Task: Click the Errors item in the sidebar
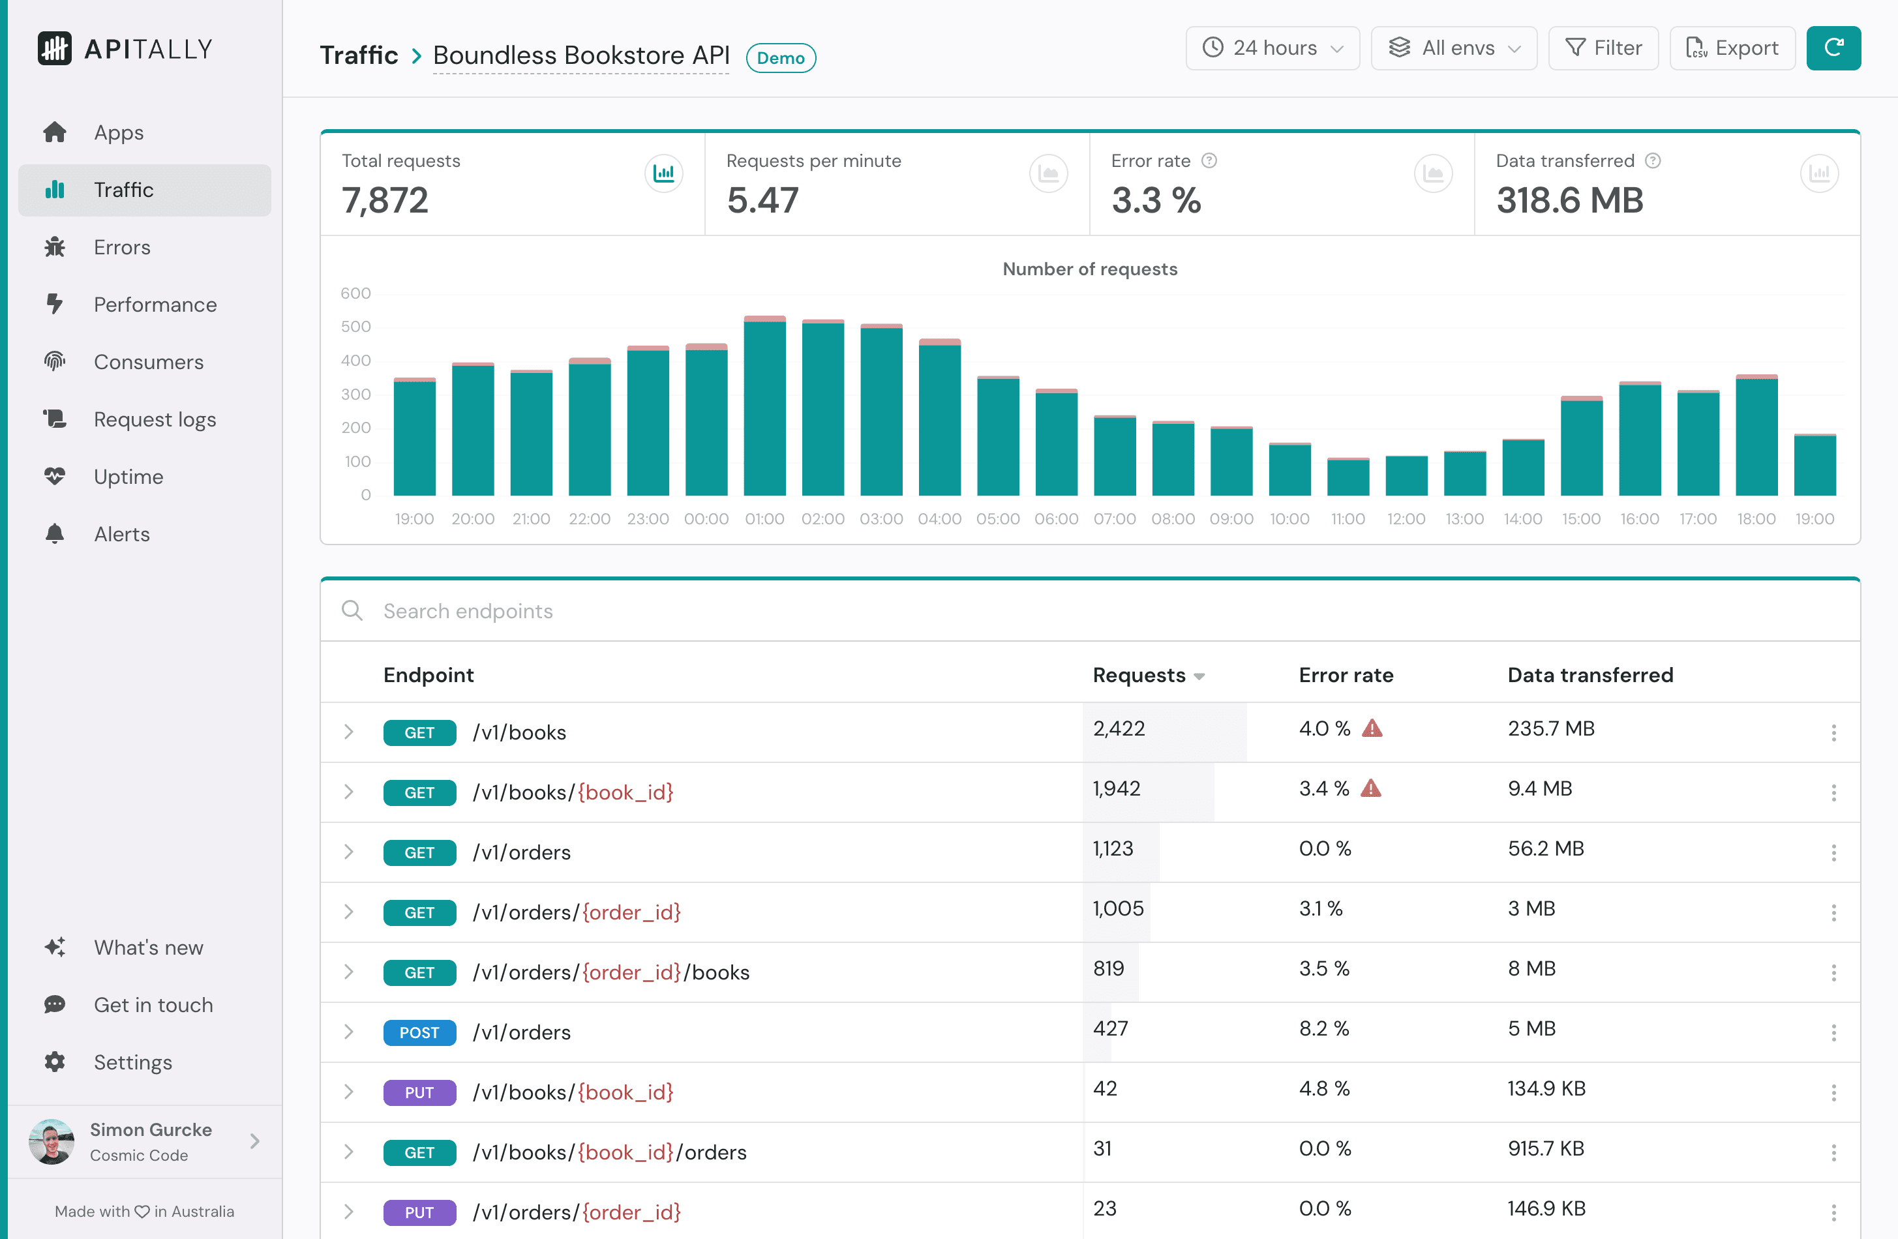pos(121,247)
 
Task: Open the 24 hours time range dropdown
pos(1272,48)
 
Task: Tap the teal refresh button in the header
pos(1833,48)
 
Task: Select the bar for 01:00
pos(764,407)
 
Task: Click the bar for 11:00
pos(1348,477)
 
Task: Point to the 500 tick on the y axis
pos(355,327)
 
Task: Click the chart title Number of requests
pos(1089,269)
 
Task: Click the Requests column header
pos(1139,676)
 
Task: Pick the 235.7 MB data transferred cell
pos(1550,729)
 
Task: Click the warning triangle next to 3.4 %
pos(1370,789)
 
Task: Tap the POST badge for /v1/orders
pos(419,1032)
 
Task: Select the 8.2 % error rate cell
pos(1324,1028)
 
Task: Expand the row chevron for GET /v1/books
pos(348,732)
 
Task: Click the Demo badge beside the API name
pos(780,58)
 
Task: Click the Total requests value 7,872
pos(385,200)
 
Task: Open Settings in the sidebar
pos(132,1062)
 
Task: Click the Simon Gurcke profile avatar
pos(51,1142)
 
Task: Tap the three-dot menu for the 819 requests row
pos(1833,973)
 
